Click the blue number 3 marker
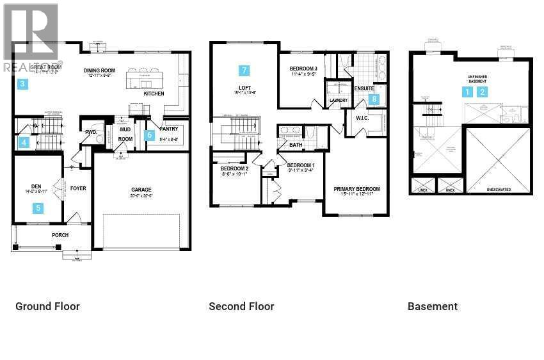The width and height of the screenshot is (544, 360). (x=22, y=84)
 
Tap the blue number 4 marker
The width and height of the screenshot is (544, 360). (x=24, y=143)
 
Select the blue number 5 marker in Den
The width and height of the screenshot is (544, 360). (x=38, y=208)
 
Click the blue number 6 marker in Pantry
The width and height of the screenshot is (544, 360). (x=149, y=135)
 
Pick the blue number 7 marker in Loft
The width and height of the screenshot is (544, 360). (x=243, y=70)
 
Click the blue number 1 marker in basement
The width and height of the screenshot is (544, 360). (x=468, y=92)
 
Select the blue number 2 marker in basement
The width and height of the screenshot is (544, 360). (x=483, y=92)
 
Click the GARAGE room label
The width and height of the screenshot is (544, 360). (x=141, y=190)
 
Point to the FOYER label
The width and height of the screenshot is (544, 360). (x=78, y=188)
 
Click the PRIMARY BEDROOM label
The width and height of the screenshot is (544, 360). (x=356, y=189)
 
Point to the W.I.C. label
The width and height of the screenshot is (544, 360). (x=355, y=118)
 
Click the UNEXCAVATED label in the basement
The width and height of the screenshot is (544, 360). (x=499, y=190)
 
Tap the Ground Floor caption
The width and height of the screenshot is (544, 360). (x=47, y=306)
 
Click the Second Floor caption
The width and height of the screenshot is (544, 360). (x=241, y=306)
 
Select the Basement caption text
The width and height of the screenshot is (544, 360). (x=432, y=306)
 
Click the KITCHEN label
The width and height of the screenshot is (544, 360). (x=154, y=94)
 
